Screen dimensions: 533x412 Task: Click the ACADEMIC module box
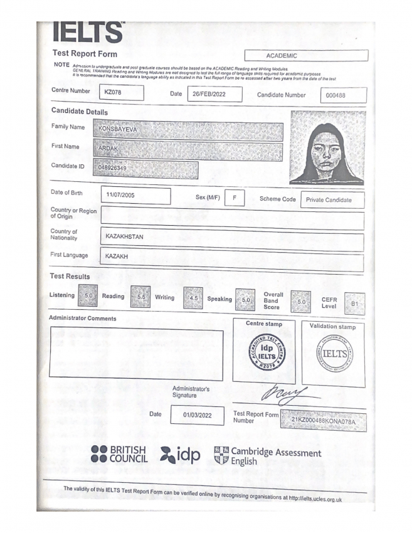[x=306, y=56]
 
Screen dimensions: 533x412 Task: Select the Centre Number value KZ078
[x=121, y=93]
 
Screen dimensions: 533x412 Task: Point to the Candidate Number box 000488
[x=343, y=96]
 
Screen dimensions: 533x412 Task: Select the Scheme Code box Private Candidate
[x=332, y=200]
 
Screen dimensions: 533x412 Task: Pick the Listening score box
[x=88, y=295]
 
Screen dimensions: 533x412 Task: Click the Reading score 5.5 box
[x=140, y=296]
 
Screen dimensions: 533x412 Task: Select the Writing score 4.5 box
[x=193, y=298]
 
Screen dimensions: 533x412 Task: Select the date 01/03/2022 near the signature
[x=197, y=415]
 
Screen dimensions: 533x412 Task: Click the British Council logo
[x=119, y=454]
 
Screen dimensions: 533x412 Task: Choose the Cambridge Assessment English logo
[x=267, y=456]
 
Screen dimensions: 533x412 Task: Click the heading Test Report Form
[x=85, y=53]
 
